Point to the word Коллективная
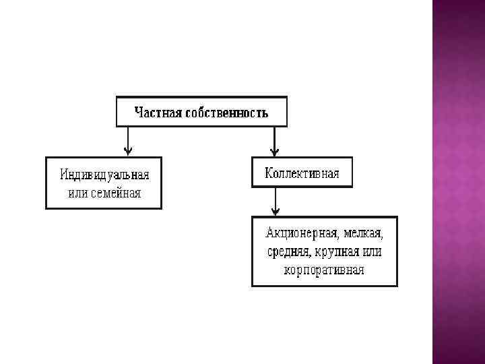click(302, 173)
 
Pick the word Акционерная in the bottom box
click(301, 234)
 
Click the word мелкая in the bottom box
click(363, 234)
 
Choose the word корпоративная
click(324, 270)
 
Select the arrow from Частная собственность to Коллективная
click(274, 141)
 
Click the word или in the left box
click(78, 193)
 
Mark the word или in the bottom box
click(371, 252)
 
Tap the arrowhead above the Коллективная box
click(274, 152)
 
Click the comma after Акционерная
click(337, 237)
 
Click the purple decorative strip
click(458, 182)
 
